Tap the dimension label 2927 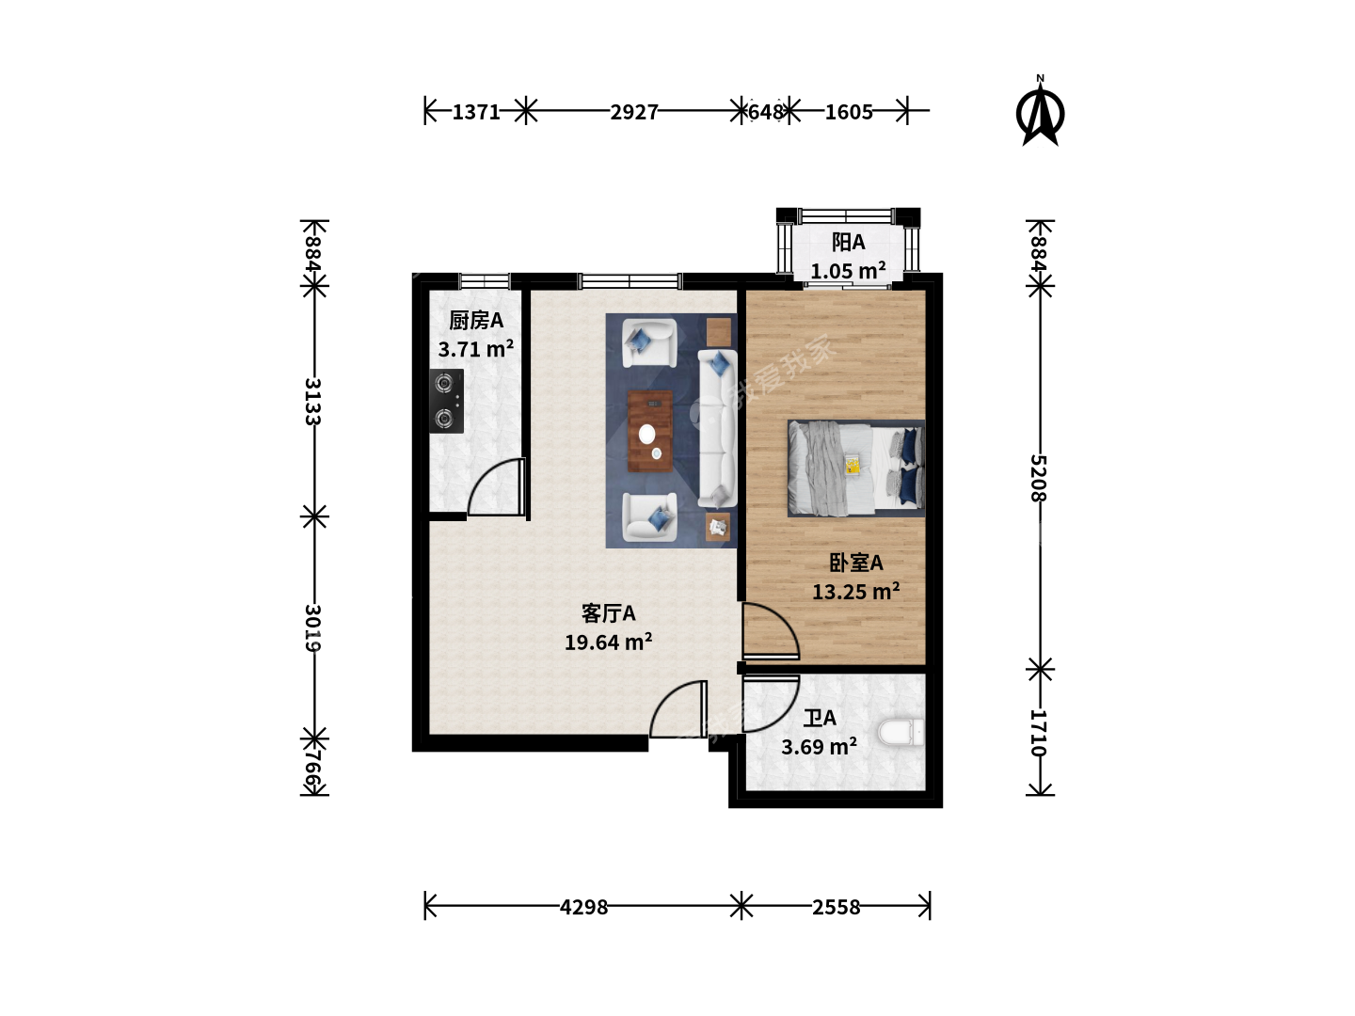tap(634, 112)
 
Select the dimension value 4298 tap(583, 907)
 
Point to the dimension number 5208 tap(1039, 478)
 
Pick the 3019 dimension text tap(313, 628)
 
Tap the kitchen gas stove tap(446, 401)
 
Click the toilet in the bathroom tap(901, 733)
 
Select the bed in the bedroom tap(856, 468)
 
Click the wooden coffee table tap(650, 431)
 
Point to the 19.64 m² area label tap(608, 643)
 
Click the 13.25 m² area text tap(855, 592)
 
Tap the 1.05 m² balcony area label tap(848, 271)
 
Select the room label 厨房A tap(476, 320)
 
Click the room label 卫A tap(820, 718)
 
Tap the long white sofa tap(717, 429)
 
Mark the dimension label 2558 tap(836, 907)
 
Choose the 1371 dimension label tap(476, 112)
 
